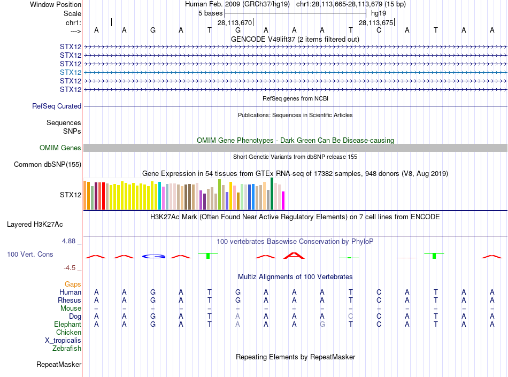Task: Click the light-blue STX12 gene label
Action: [x=71, y=72]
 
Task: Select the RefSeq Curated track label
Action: [x=57, y=106]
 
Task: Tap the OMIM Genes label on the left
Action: [x=60, y=148]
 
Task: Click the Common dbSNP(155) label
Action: [x=47, y=164]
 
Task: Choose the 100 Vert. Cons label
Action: [x=30, y=254]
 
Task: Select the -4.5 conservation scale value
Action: [x=70, y=268]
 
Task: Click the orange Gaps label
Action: [x=73, y=284]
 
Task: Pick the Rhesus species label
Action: [x=70, y=300]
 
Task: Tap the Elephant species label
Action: [x=67, y=324]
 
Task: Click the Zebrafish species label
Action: [x=67, y=348]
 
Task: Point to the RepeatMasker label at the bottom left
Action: [x=59, y=365]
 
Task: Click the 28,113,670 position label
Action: [x=234, y=22]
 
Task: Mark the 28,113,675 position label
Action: [x=376, y=22]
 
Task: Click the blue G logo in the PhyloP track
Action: [x=153, y=257]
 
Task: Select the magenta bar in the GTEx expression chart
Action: [x=283, y=201]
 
